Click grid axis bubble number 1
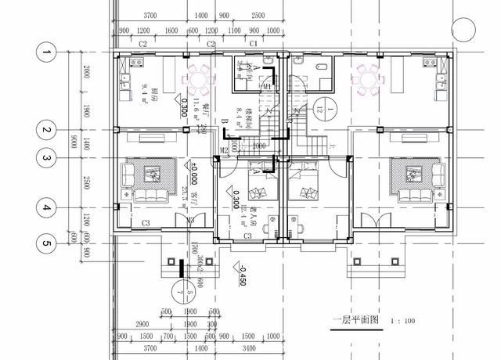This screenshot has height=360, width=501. tap(46, 52)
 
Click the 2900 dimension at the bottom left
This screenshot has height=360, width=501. tap(142, 323)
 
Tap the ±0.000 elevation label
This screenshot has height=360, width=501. tap(184, 171)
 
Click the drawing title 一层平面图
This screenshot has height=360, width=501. tap(354, 321)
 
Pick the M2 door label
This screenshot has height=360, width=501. tap(224, 149)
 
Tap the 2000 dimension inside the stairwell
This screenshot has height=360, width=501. tap(259, 146)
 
